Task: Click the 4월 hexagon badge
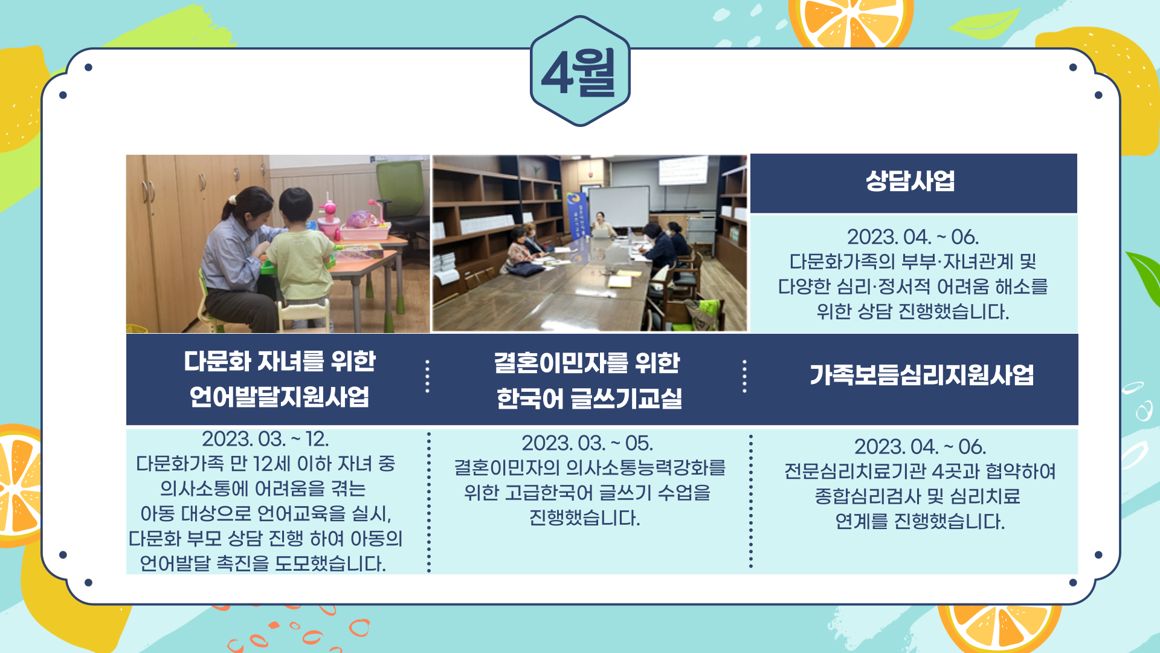point(580,71)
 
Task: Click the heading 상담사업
point(910,181)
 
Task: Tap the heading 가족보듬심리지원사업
point(922,375)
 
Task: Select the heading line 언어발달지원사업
point(279,397)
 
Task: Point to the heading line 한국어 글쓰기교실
point(589,398)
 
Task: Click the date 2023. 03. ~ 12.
point(265,439)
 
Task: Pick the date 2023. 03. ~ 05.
point(587,443)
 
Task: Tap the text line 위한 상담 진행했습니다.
point(913,312)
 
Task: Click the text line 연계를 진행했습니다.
point(920,521)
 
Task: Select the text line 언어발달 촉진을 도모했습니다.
point(263,564)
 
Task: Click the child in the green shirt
point(300,254)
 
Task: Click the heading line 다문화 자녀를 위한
point(280,362)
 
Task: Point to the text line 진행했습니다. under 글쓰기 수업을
point(585,518)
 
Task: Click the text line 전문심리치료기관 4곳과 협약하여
point(920,471)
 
